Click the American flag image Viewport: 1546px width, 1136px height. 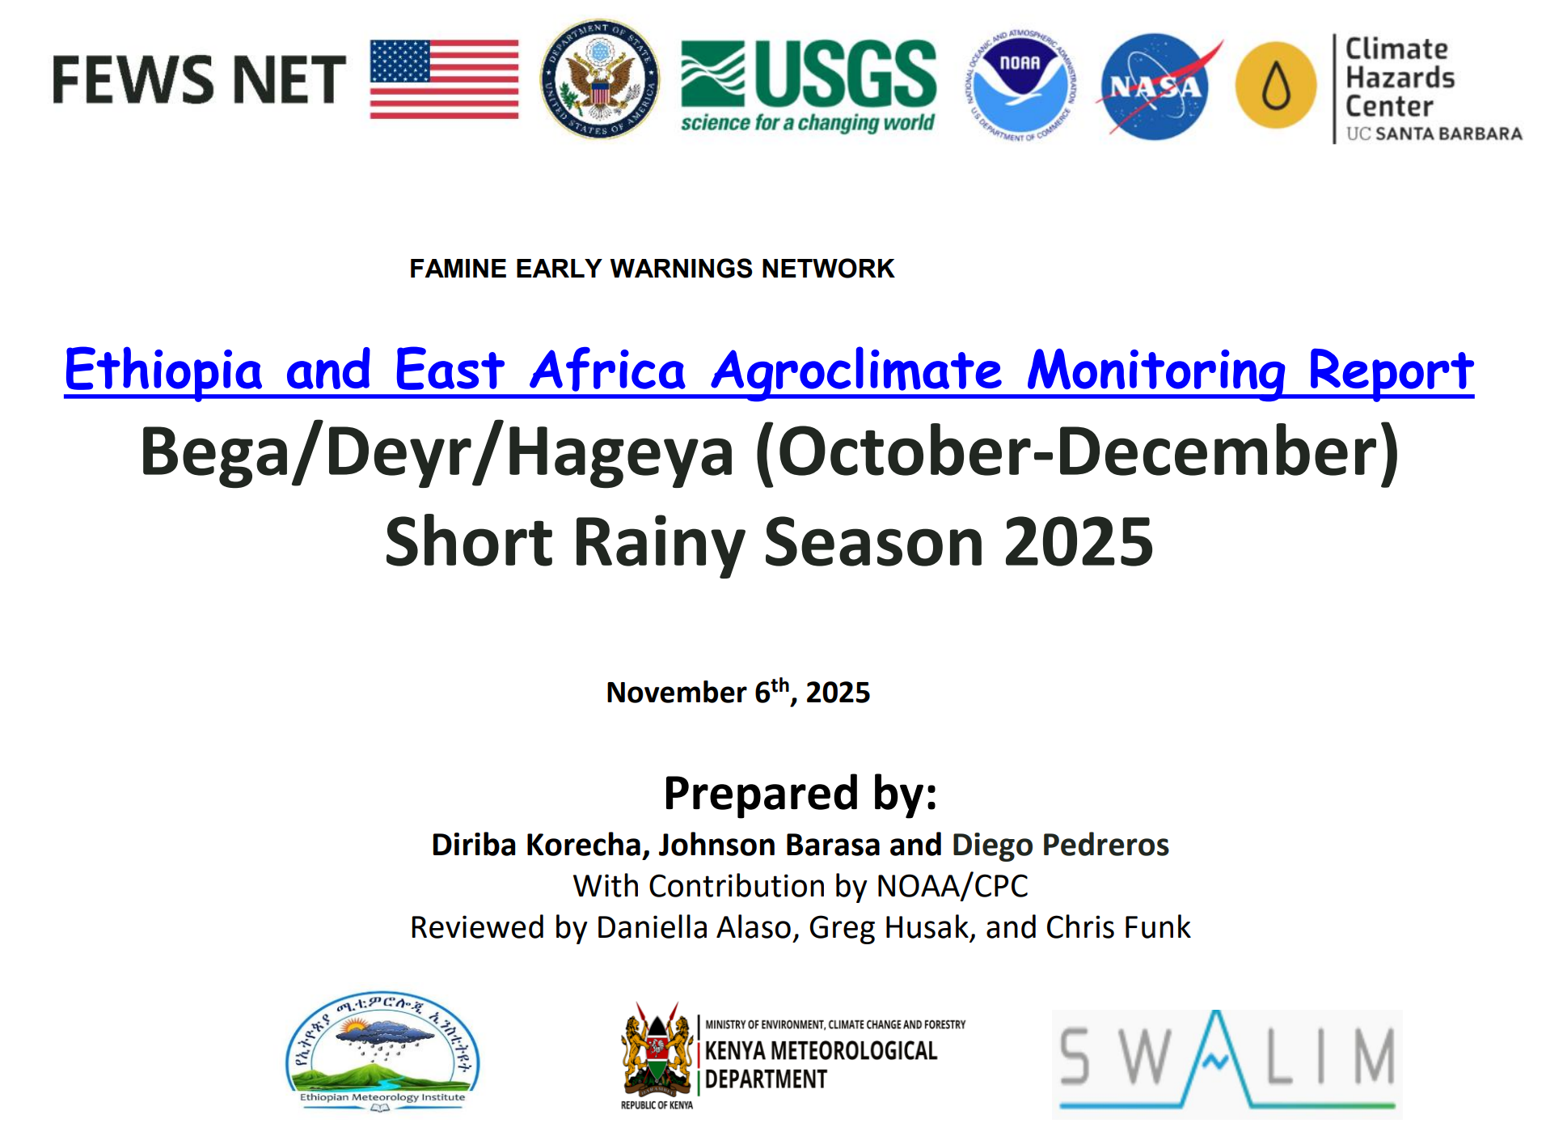pyautogui.click(x=444, y=79)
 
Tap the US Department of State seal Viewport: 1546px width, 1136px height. pyautogui.click(x=599, y=79)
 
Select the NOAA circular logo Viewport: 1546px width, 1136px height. pyautogui.click(x=1021, y=84)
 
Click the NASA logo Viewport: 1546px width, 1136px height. pyautogui.click(x=1155, y=86)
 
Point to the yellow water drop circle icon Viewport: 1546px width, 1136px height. pyautogui.click(x=1276, y=85)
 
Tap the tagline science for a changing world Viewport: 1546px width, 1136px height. pyautogui.click(x=807, y=123)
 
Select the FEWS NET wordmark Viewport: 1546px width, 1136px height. pyautogui.click(x=199, y=80)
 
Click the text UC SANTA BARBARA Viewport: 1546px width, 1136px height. pyautogui.click(x=1434, y=134)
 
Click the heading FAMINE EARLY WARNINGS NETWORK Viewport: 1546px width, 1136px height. pyautogui.click(x=651, y=269)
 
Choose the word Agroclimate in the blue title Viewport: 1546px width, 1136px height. pyautogui.click(x=856, y=371)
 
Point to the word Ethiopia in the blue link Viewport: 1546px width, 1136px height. pyautogui.click(x=163, y=371)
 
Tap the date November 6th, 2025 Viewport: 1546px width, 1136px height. pyautogui.click(x=737, y=692)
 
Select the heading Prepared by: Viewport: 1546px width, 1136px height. pyautogui.click(x=800, y=793)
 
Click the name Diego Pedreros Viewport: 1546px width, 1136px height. pyautogui.click(x=1060, y=845)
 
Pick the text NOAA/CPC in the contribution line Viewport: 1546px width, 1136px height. pyautogui.click(x=952, y=886)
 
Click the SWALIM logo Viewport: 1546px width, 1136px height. pyautogui.click(x=1227, y=1062)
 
